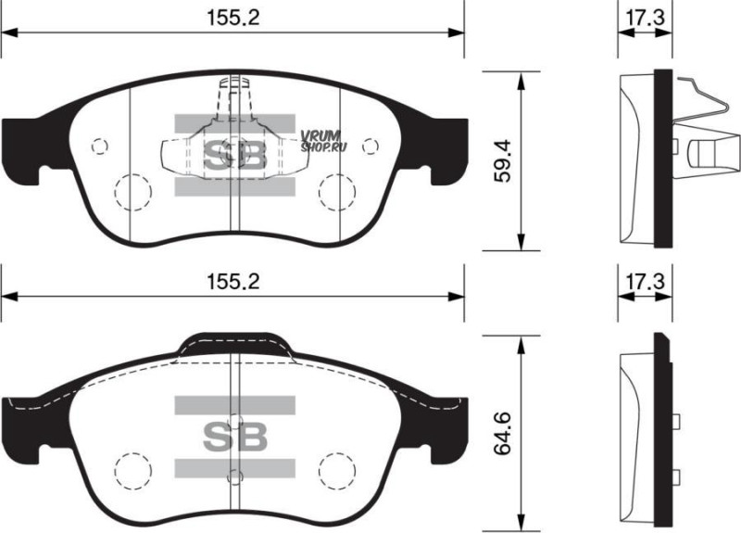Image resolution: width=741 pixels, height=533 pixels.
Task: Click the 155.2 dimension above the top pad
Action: point(233,18)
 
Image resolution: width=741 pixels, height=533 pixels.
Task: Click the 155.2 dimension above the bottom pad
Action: point(233,282)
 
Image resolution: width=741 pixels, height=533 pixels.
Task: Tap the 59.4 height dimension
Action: point(502,160)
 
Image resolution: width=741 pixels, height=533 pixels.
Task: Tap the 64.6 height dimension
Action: point(502,433)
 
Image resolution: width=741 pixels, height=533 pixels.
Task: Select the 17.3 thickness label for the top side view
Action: point(645,18)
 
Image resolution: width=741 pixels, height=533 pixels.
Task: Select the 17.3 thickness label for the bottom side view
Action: point(645,282)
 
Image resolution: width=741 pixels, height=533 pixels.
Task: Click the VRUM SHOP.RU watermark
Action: point(323,142)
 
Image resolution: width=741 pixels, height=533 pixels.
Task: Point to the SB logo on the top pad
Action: point(235,155)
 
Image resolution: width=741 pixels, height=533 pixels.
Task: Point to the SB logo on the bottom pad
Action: point(235,437)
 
